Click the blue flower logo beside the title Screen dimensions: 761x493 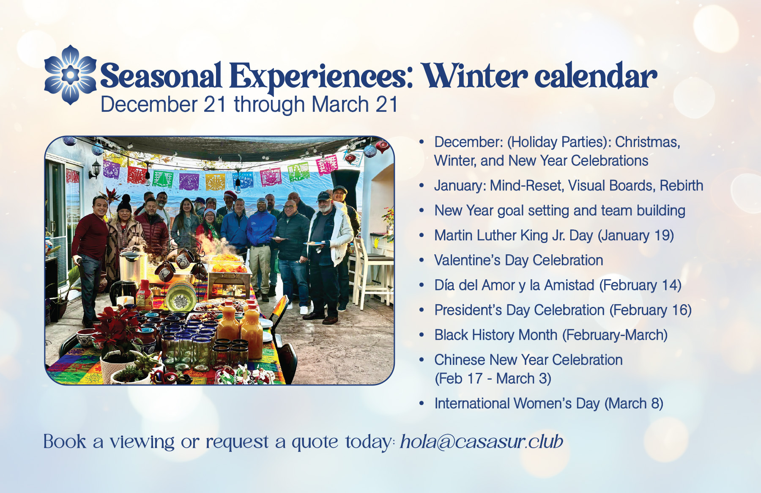[x=71, y=75]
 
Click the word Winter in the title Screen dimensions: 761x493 [x=476, y=76]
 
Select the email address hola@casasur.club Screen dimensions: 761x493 [x=482, y=441]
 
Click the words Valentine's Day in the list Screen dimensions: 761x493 [x=482, y=260]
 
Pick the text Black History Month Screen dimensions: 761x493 [x=496, y=335]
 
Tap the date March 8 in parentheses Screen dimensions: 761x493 [x=634, y=403]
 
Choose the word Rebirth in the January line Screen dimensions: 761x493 [x=682, y=185]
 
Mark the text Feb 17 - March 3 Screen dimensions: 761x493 [x=493, y=378]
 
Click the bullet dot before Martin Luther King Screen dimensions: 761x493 [x=422, y=235]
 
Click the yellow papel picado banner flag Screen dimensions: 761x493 [x=216, y=181]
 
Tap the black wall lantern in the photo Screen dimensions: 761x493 [x=96, y=169]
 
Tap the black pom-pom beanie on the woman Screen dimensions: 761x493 [x=124, y=204]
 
